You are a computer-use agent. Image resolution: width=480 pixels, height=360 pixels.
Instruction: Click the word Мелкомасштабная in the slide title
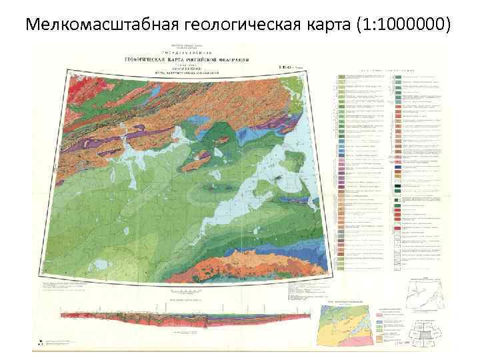93,25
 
